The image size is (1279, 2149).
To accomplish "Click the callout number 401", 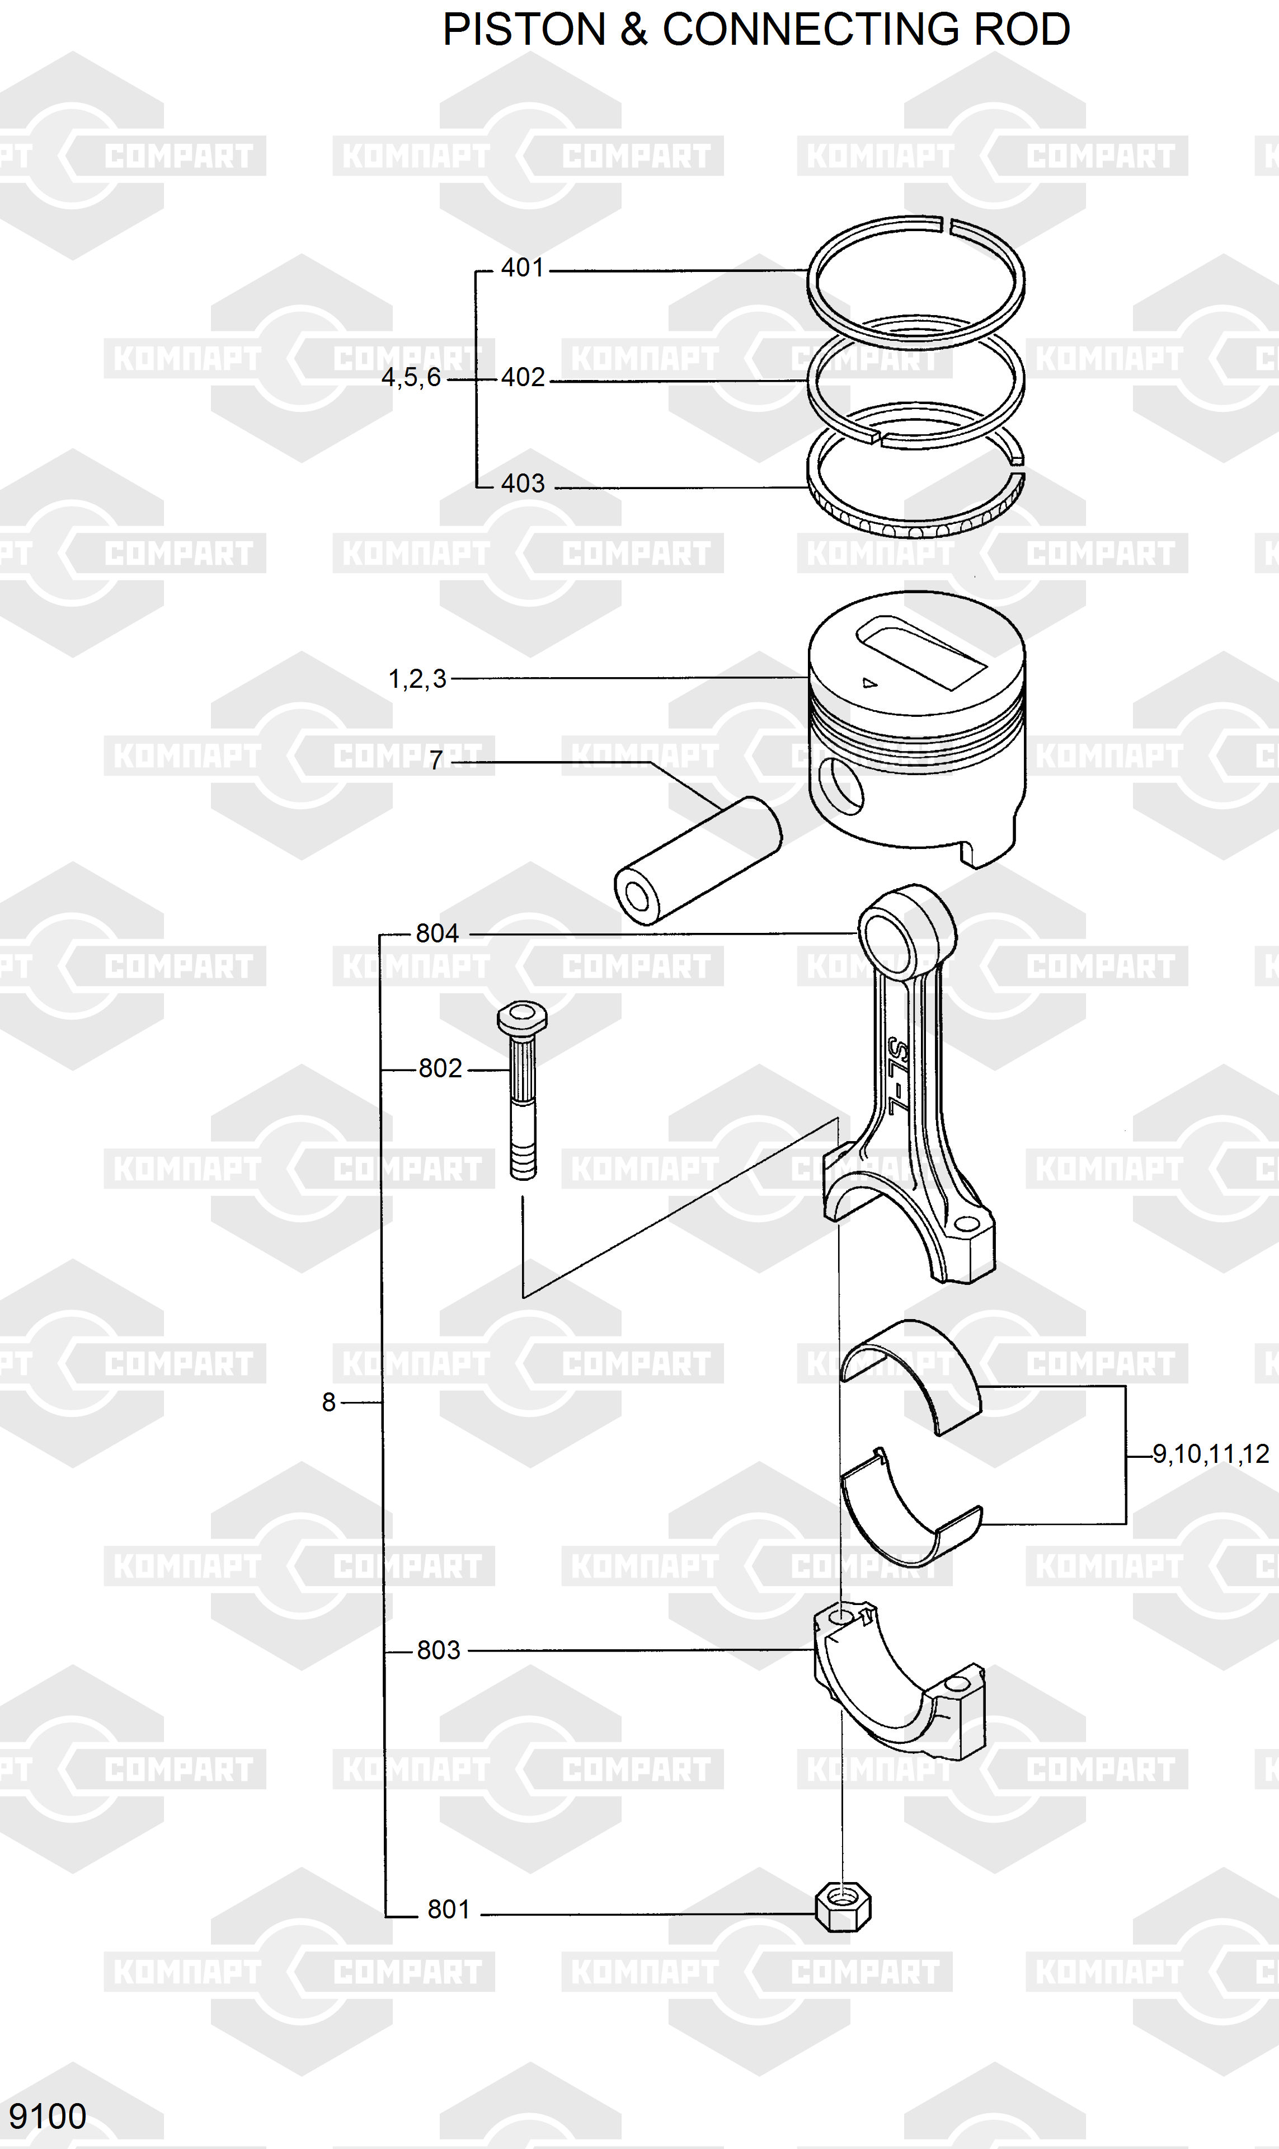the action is (523, 268).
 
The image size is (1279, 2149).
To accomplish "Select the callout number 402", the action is (523, 378).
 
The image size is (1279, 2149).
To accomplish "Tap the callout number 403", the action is (523, 484).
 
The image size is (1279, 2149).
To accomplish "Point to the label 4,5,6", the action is (411, 378).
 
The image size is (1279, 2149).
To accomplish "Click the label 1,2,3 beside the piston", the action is (418, 679).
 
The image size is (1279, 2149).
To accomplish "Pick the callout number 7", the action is (436, 761).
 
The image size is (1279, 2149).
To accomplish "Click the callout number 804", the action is (437, 933).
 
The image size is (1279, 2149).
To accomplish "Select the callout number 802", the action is (440, 1069).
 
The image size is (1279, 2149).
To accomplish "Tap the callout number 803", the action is (439, 1651).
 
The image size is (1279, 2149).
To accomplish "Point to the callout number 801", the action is (449, 1910).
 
